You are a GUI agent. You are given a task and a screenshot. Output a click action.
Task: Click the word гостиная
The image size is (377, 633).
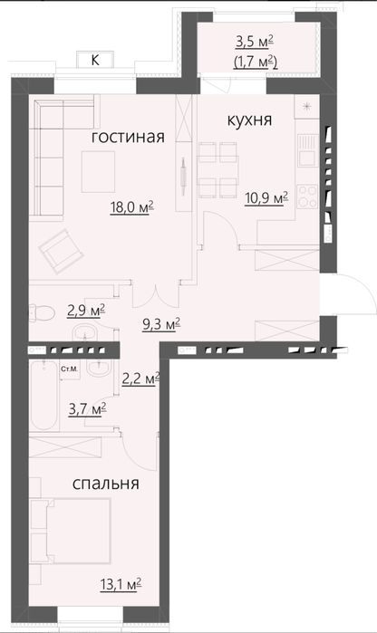128,137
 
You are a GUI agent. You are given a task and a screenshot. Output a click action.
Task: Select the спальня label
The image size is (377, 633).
106,484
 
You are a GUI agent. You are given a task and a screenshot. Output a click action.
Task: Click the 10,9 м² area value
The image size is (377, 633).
266,197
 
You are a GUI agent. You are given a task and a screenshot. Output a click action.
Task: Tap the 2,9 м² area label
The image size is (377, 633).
86,310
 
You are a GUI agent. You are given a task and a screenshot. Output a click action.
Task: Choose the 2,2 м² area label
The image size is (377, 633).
141,379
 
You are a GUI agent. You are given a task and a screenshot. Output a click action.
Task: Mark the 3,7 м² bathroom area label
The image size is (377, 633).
87,408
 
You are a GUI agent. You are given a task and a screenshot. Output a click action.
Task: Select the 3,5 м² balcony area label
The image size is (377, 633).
255,41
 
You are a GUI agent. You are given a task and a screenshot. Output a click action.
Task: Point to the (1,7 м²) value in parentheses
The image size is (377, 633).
255,62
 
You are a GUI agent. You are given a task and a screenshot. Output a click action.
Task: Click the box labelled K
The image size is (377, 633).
95,60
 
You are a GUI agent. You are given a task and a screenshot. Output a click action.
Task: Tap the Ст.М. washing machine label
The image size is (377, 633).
68,369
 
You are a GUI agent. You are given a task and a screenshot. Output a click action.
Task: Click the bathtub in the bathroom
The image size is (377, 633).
41,398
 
